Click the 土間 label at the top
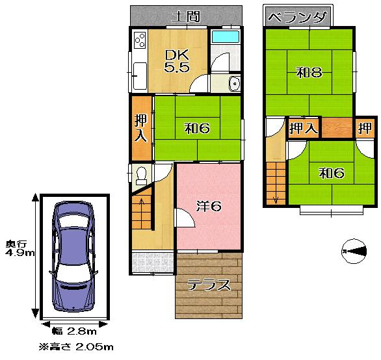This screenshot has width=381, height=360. coord(185,16)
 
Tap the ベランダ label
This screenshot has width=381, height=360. coord(297,17)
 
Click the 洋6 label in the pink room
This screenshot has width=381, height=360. coord(209,206)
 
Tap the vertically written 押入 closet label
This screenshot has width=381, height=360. coord(140,128)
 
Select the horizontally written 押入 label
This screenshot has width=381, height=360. coord(303,128)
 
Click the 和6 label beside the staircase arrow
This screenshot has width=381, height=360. coord(330,173)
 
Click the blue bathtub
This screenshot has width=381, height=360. coord(226,36)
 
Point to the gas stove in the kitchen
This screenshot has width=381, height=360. coord(139,42)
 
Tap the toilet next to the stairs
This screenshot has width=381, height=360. coord(142,175)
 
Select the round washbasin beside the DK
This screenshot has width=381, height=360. coord(235,83)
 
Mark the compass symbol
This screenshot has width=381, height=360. coord(354,250)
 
